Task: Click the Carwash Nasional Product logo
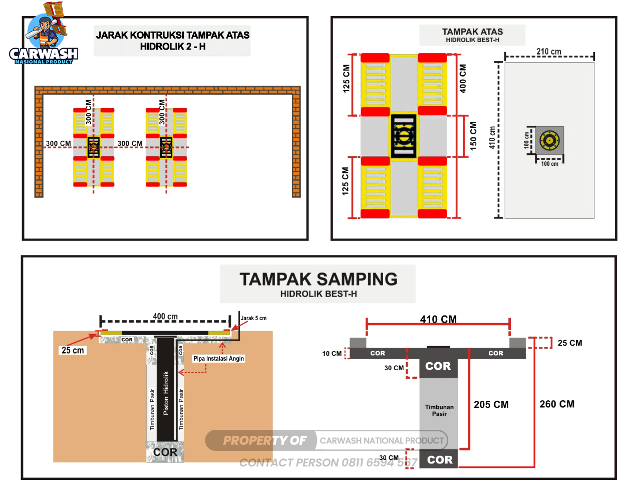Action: (44, 35)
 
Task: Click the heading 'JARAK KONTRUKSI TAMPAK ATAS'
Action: (173, 35)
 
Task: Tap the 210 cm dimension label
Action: (549, 52)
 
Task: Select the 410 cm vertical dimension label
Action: (492, 137)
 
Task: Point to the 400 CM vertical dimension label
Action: (463, 79)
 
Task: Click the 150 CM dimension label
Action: (473, 136)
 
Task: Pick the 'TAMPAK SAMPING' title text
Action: (318, 279)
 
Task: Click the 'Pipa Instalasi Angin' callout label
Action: (219, 359)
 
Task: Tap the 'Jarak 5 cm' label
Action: (253, 318)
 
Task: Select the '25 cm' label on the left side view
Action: (73, 350)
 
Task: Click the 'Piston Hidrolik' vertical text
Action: (166, 393)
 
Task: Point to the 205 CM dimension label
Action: (491, 404)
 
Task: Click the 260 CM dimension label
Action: (557, 404)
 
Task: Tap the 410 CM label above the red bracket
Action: (438, 319)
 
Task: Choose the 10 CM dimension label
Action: (332, 354)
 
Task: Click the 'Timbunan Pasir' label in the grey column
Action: (439, 410)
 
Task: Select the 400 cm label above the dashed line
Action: (165, 317)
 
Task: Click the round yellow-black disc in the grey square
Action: (549, 140)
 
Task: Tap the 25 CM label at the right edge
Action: (570, 343)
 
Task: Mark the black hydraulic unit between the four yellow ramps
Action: (404, 136)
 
